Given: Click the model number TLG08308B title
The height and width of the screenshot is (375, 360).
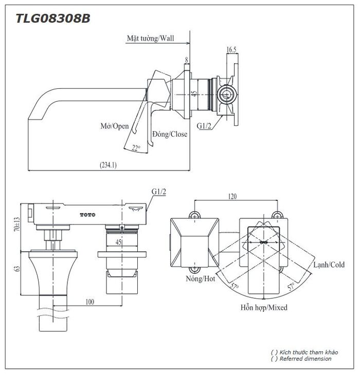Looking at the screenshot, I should pyautogui.click(x=52, y=18).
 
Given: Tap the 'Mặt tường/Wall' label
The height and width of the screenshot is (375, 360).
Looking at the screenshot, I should pyautogui.click(x=151, y=39).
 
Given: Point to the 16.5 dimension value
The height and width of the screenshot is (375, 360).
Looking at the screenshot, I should pyautogui.click(x=231, y=49).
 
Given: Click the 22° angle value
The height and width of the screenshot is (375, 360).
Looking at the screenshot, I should pyautogui.click(x=136, y=148).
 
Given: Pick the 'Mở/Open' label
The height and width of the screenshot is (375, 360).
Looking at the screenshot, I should pyautogui.click(x=114, y=126).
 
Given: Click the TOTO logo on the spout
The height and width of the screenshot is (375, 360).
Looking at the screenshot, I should pyautogui.click(x=87, y=213).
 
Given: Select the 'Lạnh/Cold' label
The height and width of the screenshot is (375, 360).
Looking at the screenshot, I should pyautogui.click(x=329, y=265).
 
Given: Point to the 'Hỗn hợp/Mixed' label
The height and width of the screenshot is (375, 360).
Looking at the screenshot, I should pyautogui.click(x=263, y=308).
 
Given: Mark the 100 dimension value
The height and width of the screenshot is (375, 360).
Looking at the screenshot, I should pyautogui.click(x=90, y=302).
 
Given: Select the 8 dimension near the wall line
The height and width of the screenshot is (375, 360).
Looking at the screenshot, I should pyautogui.click(x=186, y=60).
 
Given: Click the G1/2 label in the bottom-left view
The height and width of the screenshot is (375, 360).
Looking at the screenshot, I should pyautogui.click(x=159, y=192).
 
